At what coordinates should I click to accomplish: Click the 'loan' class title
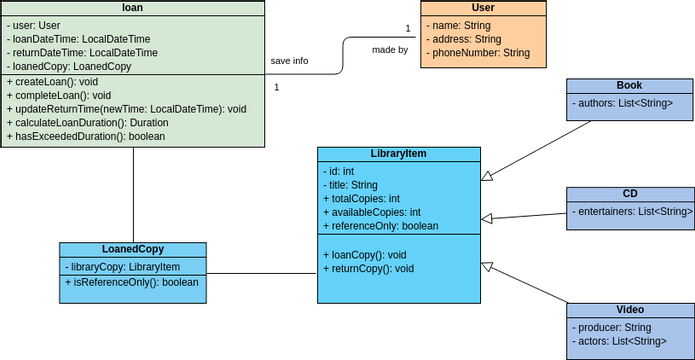(133, 8)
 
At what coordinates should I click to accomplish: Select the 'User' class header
(483, 8)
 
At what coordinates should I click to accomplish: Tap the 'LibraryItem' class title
(398, 154)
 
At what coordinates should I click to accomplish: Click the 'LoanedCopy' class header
(133, 249)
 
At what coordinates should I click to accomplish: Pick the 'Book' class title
(630, 86)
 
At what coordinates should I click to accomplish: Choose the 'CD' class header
(630, 194)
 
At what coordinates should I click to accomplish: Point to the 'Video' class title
(630, 310)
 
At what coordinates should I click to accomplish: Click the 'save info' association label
(289, 61)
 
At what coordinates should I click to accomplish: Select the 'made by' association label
(389, 49)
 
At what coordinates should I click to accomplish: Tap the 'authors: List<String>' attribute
(622, 103)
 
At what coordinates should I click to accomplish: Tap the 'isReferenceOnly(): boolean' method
(133, 282)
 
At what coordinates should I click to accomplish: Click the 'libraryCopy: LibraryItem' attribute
(123, 267)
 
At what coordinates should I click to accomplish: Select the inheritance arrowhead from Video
(487, 267)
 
